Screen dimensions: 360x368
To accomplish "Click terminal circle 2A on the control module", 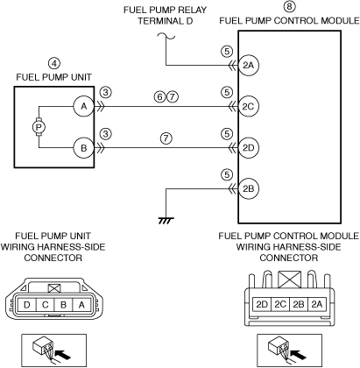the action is [248, 65].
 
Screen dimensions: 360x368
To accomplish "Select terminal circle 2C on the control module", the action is [248, 107].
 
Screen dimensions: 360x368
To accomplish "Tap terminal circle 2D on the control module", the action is [248, 148].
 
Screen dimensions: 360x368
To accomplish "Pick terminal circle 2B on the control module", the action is [248, 188].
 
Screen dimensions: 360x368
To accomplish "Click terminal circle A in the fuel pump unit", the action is [84, 106].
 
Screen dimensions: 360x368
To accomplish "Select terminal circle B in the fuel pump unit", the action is [84, 148].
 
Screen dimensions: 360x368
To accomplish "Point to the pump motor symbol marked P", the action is [39, 127].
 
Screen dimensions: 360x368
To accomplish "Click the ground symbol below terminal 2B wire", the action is [166, 221].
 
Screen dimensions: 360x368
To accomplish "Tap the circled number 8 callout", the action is [289, 6].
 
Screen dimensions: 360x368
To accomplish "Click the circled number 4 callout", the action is [54, 63].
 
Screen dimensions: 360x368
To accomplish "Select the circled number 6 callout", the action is [159, 96].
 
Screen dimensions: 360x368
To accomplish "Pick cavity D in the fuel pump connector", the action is [26, 305].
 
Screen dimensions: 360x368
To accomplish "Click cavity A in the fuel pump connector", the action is [81, 305].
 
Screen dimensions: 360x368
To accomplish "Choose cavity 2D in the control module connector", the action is [262, 305].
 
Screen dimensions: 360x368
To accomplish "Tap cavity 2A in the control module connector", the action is [317, 305].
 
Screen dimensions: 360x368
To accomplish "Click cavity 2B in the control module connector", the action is [299, 305].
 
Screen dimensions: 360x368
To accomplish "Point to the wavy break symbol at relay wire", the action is [166, 36].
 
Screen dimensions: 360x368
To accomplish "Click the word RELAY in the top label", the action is [189, 10].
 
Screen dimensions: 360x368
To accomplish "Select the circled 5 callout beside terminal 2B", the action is [227, 175].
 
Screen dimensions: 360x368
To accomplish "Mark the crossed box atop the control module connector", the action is [289, 280].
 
